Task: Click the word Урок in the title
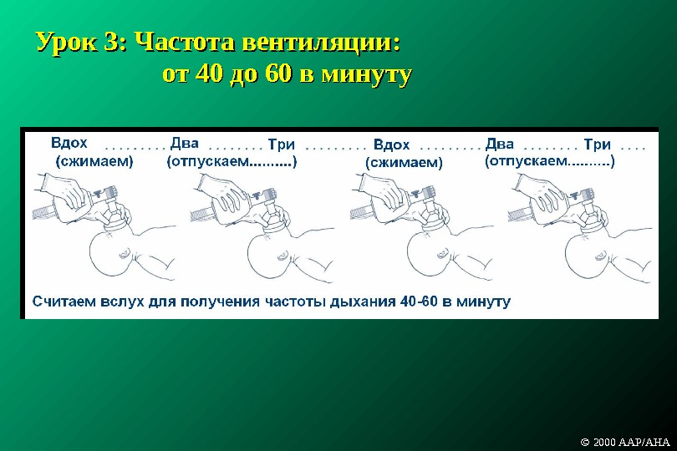[x=66, y=43]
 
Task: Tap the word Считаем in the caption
[x=64, y=300]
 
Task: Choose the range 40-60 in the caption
[x=422, y=300]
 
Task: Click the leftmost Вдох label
[x=69, y=143]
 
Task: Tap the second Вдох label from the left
[x=391, y=144]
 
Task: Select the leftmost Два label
[x=184, y=143]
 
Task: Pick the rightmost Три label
[x=597, y=144]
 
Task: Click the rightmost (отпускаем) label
[x=549, y=162]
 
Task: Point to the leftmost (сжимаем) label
[x=94, y=162]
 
